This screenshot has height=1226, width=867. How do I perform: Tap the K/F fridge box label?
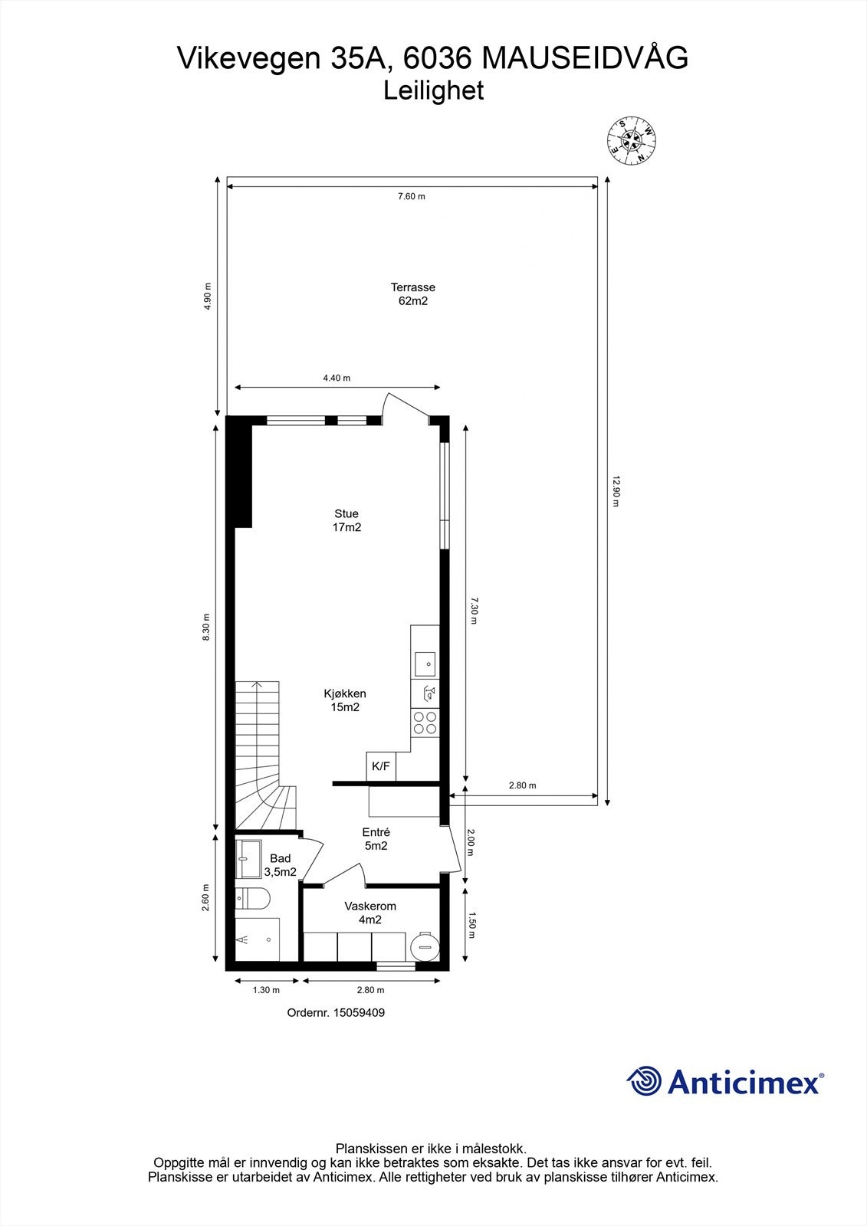pyautogui.click(x=381, y=765)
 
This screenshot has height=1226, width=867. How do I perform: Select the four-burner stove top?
pyautogui.click(x=425, y=723)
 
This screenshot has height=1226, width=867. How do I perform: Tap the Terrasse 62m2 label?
pyautogui.click(x=413, y=294)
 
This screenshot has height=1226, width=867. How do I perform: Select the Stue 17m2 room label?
pyautogui.click(x=346, y=520)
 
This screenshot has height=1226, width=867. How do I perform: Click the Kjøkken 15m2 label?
pyautogui.click(x=345, y=700)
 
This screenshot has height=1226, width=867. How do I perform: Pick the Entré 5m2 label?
pyautogui.click(x=376, y=839)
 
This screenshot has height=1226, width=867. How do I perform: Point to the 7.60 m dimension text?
pyautogui.click(x=411, y=196)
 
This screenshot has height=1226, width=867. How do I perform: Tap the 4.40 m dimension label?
pyautogui.click(x=336, y=378)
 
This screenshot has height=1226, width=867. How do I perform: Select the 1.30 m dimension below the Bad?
pyautogui.click(x=266, y=990)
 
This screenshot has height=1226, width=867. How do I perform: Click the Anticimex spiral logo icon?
pyautogui.click(x=644, y=1081)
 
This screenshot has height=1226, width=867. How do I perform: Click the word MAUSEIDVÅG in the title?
pyautogui.click(x=587, y=58)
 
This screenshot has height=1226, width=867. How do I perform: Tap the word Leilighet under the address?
pyautogui.click(x=433, y=91)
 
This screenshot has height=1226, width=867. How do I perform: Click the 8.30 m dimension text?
pyautogui.click(x=206, y=627)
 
